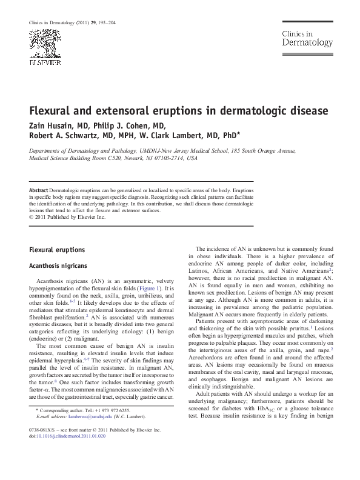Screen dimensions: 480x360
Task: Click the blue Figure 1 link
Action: tap(148, 288)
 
